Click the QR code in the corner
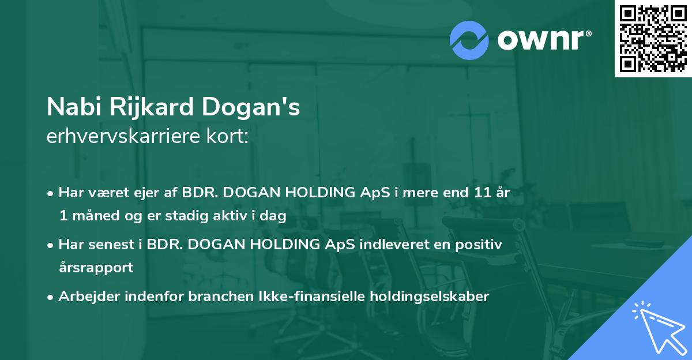pos(653,38)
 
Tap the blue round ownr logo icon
pos(469,40)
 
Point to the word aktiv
pos(234,216)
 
